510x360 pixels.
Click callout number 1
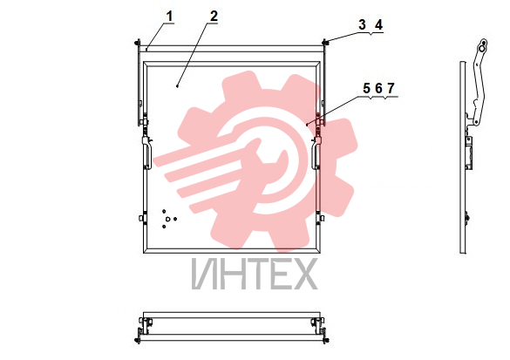(169, 16)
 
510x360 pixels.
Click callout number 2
(214, 16)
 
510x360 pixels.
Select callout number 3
(362, 24)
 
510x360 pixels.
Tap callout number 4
(378, 24)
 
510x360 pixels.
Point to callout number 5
(366, 88)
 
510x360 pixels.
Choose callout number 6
(378, 88)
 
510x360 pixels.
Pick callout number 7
(391, 88)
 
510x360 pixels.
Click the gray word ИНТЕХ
(255, 275)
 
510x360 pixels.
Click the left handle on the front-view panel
(146, 153)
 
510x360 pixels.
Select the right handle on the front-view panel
(316, 153)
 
